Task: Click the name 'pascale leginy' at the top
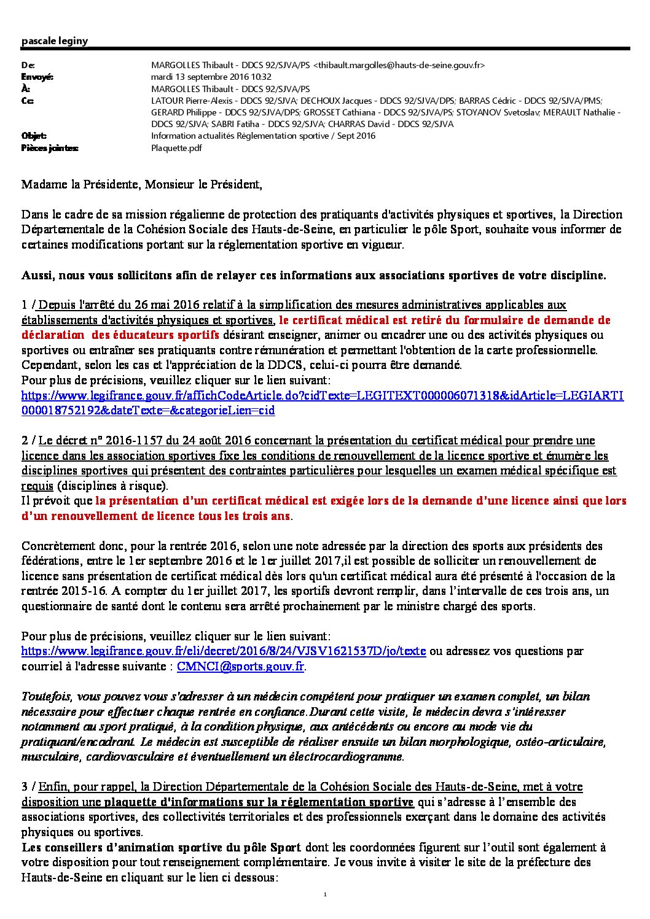[55, 41]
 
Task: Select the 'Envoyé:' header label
[37, 77]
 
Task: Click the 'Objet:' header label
[34, 136]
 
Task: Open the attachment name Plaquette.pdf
[176, 148]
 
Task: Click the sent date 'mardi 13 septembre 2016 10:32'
[211, 77]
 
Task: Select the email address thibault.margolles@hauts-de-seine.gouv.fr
[399, 66]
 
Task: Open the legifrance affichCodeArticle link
[322, 396]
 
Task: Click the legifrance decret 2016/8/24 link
[224, 651]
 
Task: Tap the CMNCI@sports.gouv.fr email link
[240, 666]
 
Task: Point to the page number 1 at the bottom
[324, 894]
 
